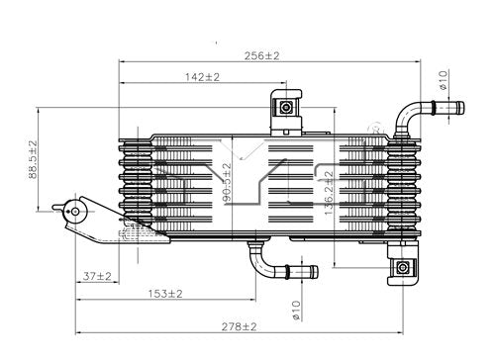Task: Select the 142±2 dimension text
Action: click(201, 76)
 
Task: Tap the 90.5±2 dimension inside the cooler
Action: click(227, 184)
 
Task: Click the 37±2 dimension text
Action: click(96, 276)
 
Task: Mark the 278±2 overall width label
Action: click(238, 325)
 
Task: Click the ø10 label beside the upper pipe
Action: click(444, 79)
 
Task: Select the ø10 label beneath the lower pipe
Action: click(294, 310)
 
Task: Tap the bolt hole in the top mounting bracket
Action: click(286, 107)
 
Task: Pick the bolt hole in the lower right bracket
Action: click(404, 268)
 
